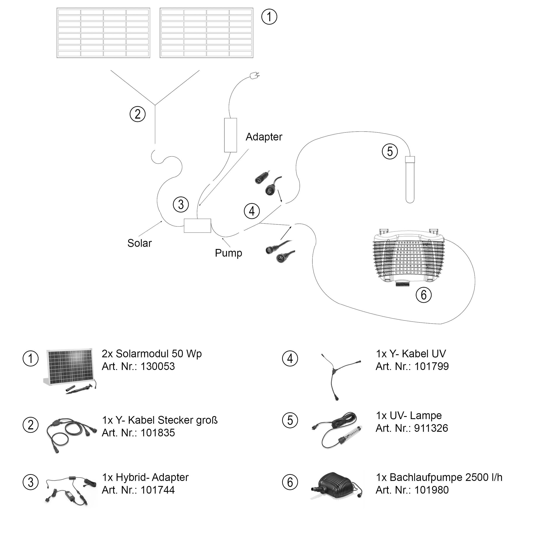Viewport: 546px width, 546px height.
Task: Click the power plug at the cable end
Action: [254, 75]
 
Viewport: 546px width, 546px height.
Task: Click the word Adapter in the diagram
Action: [264, 137]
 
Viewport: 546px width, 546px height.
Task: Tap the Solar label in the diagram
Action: [139, 243]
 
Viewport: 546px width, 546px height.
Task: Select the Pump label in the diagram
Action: [228, 253]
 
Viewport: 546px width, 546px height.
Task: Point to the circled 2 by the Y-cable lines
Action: [137, 114]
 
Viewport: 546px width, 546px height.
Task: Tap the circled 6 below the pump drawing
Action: [423, 295]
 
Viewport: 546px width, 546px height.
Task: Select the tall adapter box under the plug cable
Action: [230, 135]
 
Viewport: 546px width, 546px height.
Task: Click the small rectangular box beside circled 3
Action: [197, 226]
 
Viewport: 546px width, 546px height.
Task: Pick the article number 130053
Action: [157, 366]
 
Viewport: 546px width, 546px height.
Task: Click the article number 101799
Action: [431, 366]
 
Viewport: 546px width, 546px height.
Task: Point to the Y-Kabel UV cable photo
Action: [339, 375]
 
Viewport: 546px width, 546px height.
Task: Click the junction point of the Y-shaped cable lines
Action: [155, 105]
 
